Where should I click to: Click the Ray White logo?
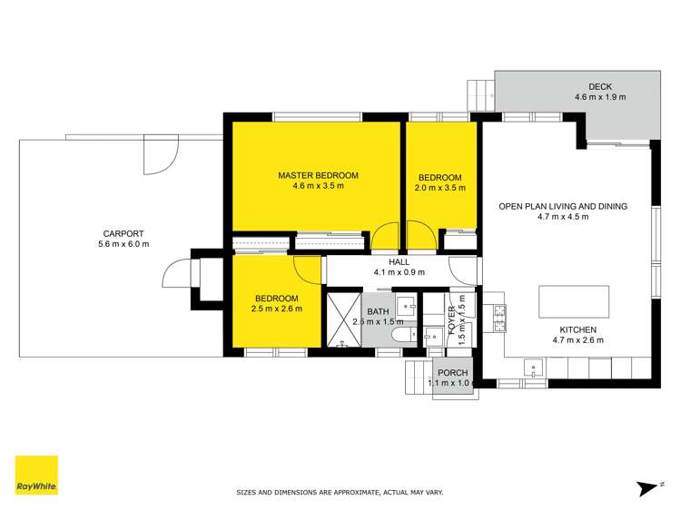pos(36,476)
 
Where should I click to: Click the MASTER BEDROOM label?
pos(318,175)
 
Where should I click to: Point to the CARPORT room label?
pos(123,233)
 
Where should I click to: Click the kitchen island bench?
pos(573,299)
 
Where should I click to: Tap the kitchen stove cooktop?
pos(498,318)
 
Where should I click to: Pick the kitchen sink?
pos(535,368)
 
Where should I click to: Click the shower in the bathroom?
pos(343,319)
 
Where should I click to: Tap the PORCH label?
pos(452,373)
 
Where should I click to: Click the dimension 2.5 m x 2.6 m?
pos(277,309)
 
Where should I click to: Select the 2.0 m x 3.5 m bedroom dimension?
pos(439,189)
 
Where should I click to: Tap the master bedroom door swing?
pos(385,237)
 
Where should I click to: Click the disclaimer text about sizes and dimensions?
pos(340,492)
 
